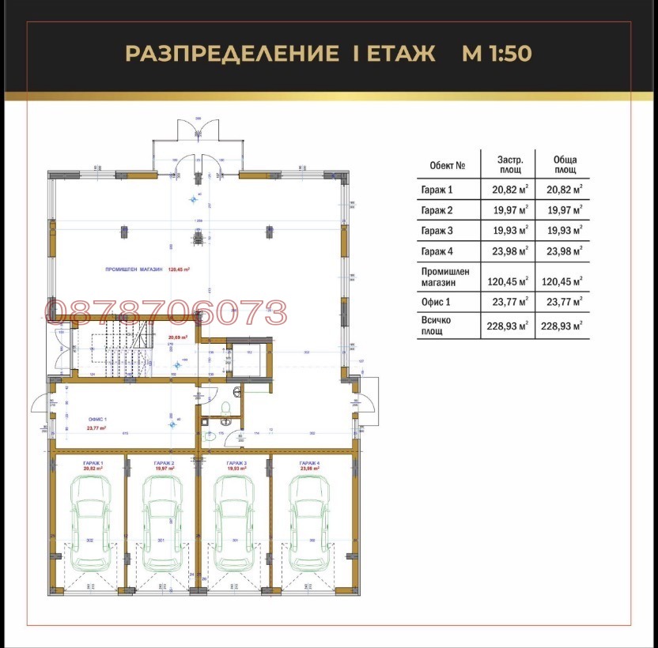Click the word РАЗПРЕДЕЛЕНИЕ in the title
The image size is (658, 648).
228,54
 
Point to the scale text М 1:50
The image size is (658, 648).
496,54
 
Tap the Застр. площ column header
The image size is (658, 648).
509,164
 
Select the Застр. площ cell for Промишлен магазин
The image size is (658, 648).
508,280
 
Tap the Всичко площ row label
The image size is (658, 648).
438,325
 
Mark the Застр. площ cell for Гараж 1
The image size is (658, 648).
508,189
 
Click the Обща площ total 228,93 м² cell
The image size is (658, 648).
562,326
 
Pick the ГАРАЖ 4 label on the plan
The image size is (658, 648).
309,462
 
